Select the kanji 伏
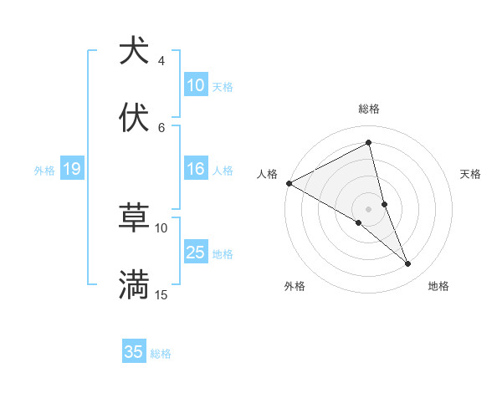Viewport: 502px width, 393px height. pos(134,118)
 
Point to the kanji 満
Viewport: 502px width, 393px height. pos(134,285)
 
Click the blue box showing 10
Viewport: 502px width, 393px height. pos(196,85)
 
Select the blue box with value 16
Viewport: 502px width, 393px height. pos(196,170)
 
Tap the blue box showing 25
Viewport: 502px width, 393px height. pos(196,253)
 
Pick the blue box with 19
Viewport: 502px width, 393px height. pos(72,170)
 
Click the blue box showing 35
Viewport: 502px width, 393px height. pos(134,352)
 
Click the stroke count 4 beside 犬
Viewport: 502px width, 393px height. pos(161,61)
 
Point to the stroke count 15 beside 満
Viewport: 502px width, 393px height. pos(161,295)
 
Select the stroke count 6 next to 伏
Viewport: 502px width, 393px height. pos(161,127)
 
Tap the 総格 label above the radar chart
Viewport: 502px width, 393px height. pos(369,109)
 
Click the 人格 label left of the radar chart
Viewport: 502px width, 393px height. pos(267,174)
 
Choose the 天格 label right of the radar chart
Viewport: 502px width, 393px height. pos(471,174)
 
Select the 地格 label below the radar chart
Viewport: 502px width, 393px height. pos(438,286)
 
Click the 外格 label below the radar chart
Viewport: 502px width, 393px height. pos(295,286)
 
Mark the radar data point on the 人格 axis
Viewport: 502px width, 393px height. pos(289,182)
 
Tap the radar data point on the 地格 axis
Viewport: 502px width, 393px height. pos(408,263)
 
